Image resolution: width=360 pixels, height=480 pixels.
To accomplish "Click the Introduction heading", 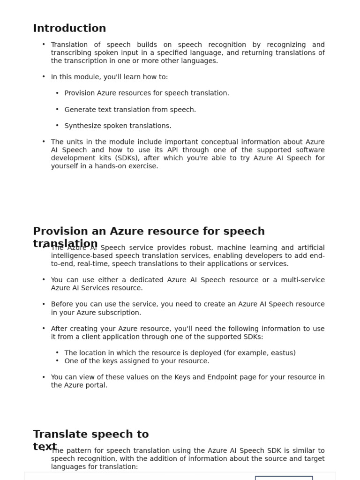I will click(69, 28).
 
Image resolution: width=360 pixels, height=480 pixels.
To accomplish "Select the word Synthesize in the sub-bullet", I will click(81, 126).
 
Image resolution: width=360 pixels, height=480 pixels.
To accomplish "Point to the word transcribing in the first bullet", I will click(71, 53).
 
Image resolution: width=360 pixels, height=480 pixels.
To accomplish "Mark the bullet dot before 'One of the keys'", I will click(57, 361).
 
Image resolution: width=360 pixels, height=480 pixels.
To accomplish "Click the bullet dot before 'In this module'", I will click(44, 77).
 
